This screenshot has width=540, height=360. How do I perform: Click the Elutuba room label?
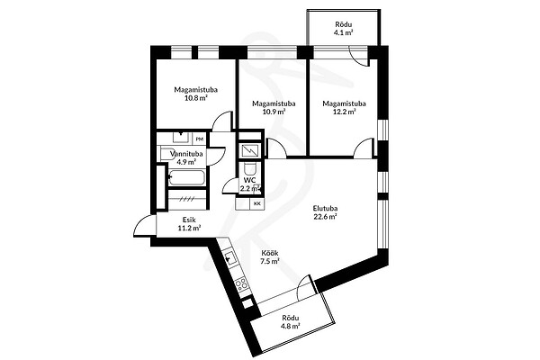[325, 208]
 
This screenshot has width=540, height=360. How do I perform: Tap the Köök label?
[270, 253]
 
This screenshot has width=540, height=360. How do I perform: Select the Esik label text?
[189, 220]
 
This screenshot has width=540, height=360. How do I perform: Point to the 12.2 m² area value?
[344, 112]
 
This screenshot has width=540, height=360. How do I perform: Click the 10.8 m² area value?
[195, 98]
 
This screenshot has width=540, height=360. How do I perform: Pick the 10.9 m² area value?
[274, 112]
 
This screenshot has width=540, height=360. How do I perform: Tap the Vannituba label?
[186, 154]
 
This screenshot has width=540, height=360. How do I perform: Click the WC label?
[249, 180]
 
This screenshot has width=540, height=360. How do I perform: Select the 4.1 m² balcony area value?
[344, 32]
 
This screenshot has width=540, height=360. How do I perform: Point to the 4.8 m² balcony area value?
[291, 326]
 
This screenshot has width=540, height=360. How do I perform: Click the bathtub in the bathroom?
[186, 177]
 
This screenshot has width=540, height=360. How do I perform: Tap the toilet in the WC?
[249, 169]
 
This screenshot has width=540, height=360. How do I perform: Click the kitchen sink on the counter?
[230, 258]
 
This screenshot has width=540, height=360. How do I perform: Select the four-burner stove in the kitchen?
[241, 284]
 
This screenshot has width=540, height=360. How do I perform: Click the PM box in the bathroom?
[199, 139]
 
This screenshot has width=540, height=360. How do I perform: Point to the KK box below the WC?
[256, 203]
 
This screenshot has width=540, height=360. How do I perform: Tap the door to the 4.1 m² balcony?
[359, 56]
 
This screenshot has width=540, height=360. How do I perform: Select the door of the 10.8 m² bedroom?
[220, 121]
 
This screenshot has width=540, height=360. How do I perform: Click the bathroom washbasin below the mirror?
[181, 137]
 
